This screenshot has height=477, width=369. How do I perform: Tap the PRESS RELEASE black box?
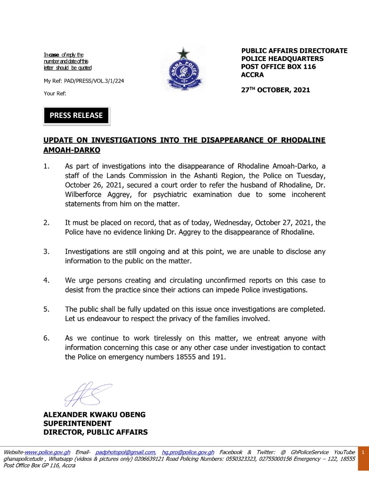tap(76, 116)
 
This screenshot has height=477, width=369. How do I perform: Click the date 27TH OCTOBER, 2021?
tap(276, 90)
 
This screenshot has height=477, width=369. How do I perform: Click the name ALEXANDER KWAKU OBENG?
tap(94, 415)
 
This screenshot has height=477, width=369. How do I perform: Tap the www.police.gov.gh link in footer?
tap(48, 452)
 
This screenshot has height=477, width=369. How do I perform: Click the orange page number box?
tap(362, 453)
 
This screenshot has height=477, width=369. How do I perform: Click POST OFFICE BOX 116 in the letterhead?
tap(278, 67)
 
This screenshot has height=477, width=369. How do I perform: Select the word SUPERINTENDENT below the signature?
tap(77, 424)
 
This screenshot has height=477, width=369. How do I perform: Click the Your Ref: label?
tap(54, 94)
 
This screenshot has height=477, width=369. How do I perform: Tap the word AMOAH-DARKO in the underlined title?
tap(72, 150)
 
